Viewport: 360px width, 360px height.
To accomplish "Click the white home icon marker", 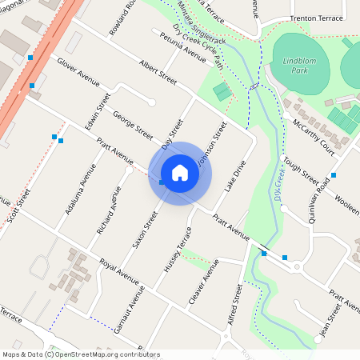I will click(x=180, y=173).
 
